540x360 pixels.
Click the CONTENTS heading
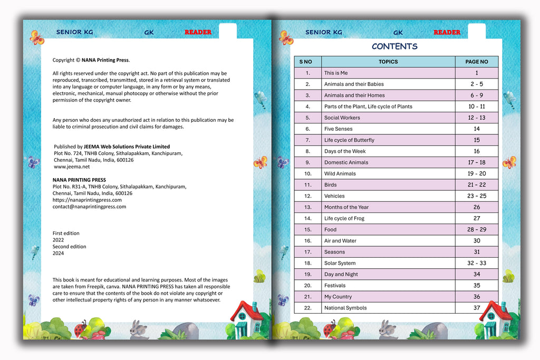tap(394, 46)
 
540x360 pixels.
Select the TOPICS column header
tap(388, 62)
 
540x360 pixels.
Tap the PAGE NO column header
tap(476, 62)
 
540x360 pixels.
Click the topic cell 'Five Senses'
tap(339, 129)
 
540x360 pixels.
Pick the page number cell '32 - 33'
tap(477, 263)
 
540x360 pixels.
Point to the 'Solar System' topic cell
tap(340, 263)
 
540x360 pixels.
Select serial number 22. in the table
tap(307, 308)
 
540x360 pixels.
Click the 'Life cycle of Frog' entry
tap(344, 218)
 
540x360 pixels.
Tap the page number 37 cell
tap(477, 308)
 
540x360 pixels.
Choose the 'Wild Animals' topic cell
tap(340, 173)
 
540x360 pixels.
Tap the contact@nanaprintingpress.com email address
tap(89, 207)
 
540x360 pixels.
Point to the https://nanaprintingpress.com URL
tap(87, 200)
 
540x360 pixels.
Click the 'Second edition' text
tap(69, 247)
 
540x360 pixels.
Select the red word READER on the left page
tap(198, 32)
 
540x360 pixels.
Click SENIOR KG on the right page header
tap(324, 32)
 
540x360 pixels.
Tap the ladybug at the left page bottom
tap(80, 329)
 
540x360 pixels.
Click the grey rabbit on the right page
tap(387, 328)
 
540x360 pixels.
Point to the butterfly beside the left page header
tap(36, 37)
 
